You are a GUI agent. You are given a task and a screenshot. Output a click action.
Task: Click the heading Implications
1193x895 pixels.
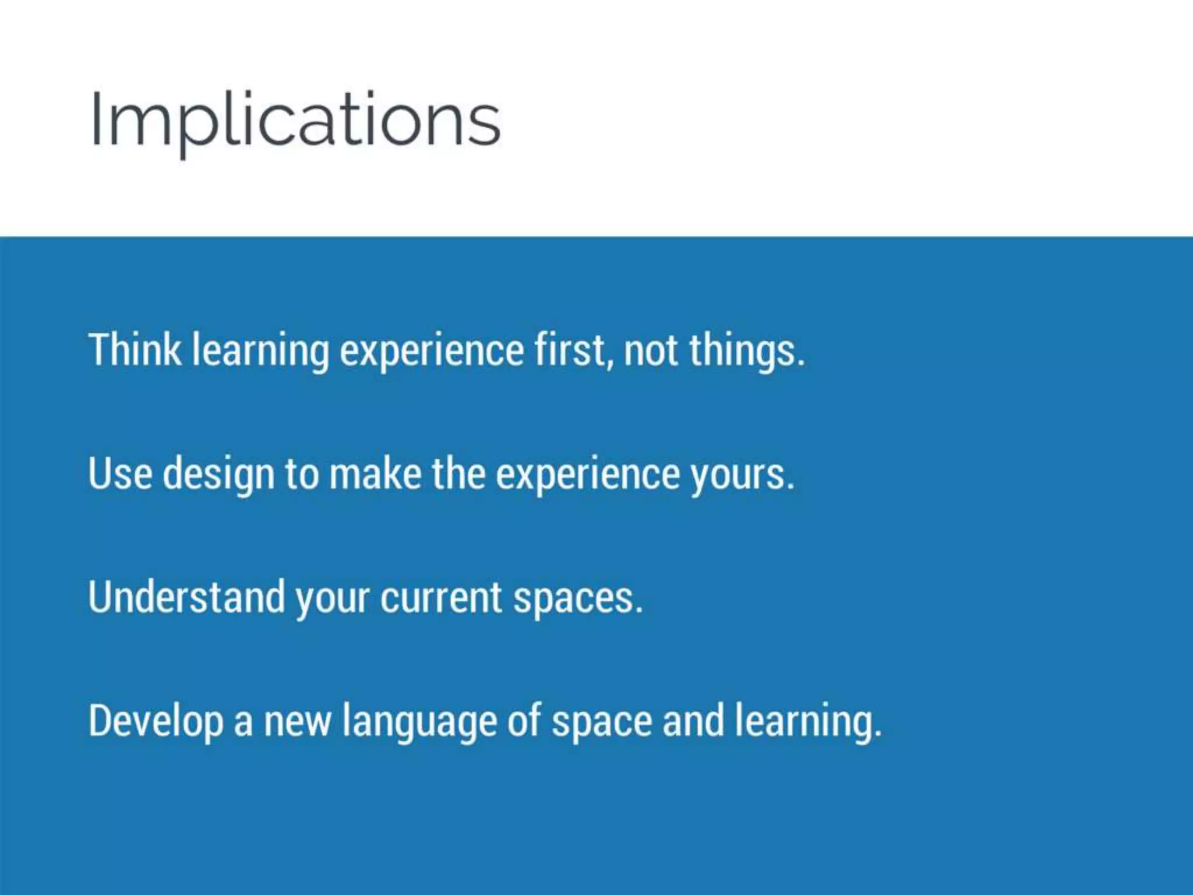295,120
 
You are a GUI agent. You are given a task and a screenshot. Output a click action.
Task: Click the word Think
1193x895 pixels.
135,350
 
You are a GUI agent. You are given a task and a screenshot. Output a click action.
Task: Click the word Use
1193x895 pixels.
120,473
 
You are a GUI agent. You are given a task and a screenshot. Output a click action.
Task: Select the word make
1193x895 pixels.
375,473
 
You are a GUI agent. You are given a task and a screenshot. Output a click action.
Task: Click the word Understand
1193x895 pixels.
186,597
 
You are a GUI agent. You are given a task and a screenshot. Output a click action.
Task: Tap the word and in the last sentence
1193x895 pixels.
693,721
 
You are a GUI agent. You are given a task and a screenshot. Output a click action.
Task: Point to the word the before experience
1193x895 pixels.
458,473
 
